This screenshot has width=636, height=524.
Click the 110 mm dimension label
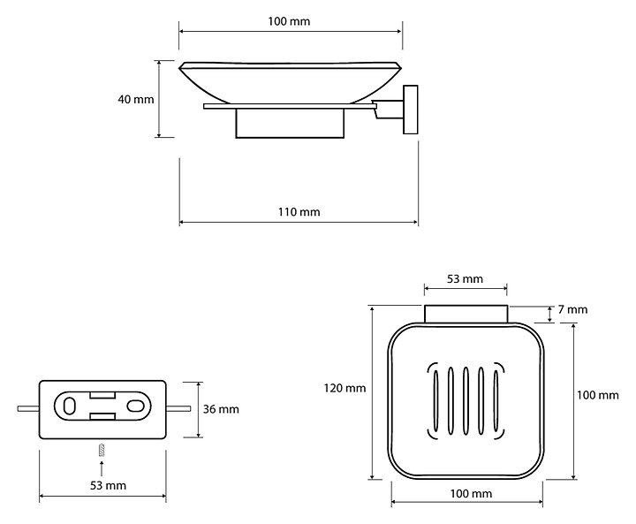tap(299, 212)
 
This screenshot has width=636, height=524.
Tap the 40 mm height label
tap(136, 100)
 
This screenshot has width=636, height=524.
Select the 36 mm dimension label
tap(221, 409)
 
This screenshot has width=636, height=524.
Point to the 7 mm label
tap(572, 309)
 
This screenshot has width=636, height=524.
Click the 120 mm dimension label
tap(344, 389)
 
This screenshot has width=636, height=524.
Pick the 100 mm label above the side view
tap(289, 21)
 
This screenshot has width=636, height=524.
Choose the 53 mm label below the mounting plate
tap(108, 485)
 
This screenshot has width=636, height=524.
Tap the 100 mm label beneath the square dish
tap(471, 494)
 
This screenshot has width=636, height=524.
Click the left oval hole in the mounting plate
tap(70, 406)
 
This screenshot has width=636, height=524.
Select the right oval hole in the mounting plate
tap(135, 406)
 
